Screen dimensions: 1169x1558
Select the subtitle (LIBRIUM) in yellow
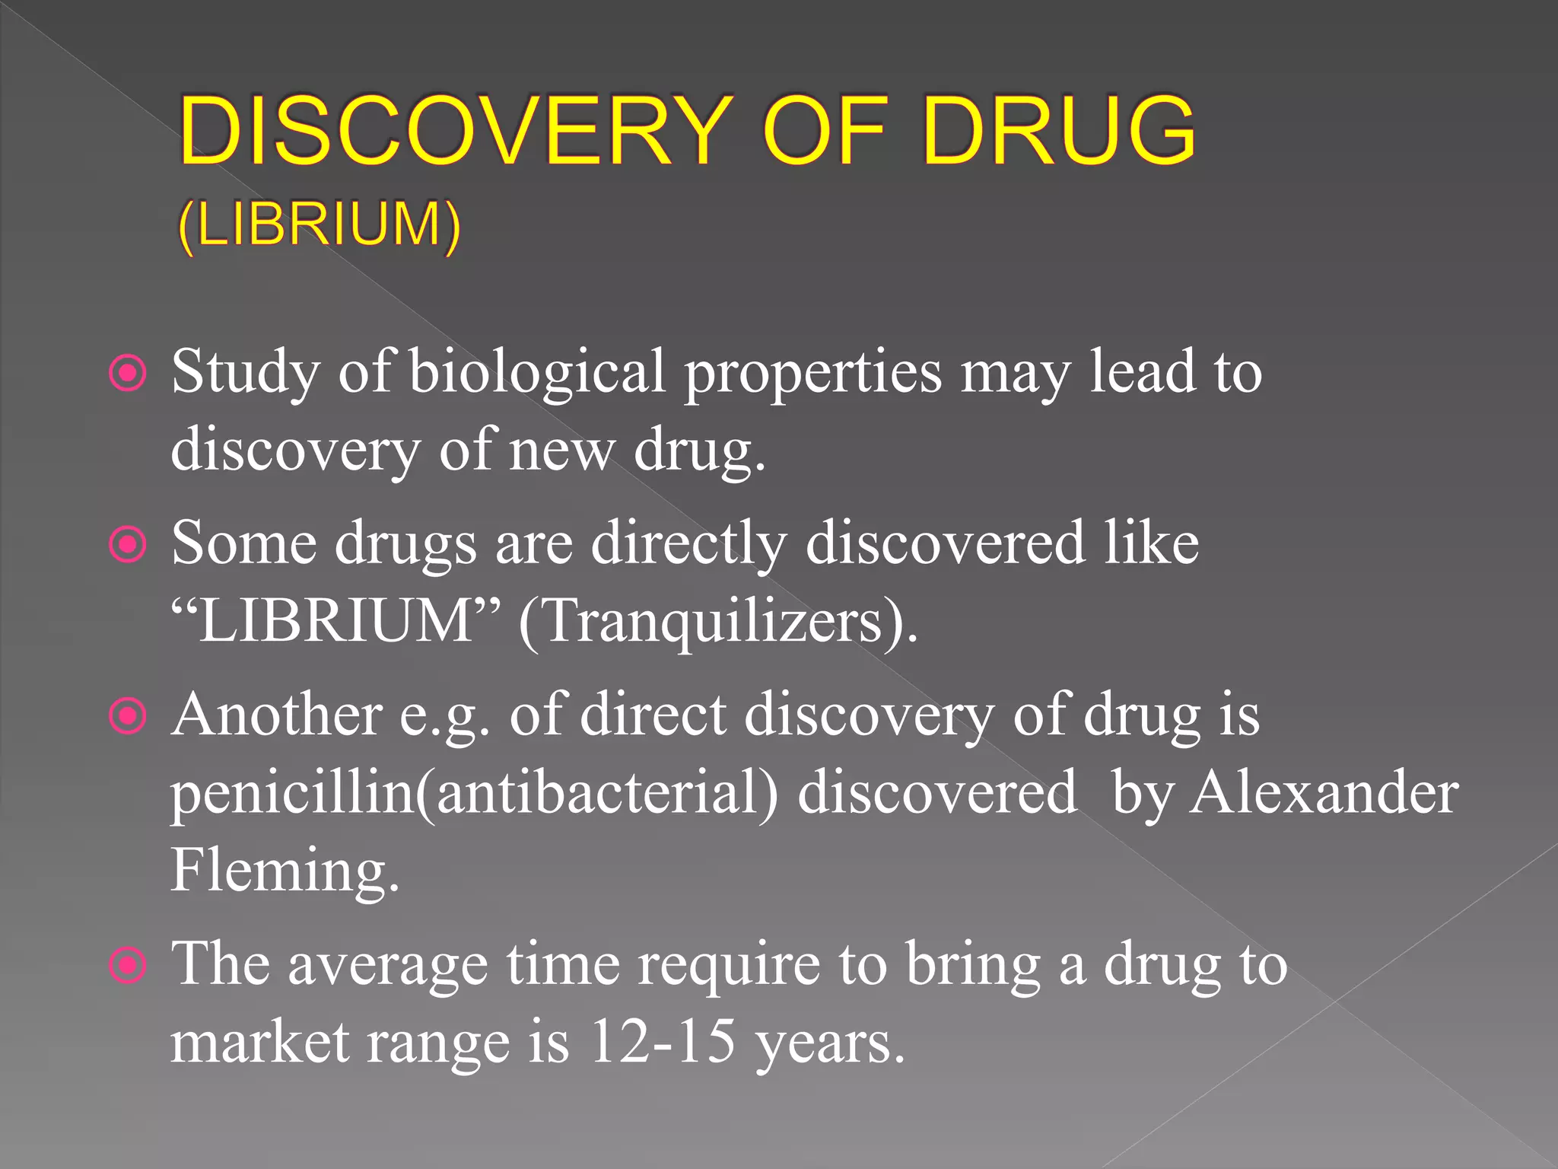pos(320,225)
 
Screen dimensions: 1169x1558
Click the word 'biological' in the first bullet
pos(537,372)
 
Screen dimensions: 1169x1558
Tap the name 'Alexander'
pos(1324,792)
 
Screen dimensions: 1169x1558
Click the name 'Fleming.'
pos(285,870)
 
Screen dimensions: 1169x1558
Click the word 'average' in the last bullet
pos(388,966)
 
